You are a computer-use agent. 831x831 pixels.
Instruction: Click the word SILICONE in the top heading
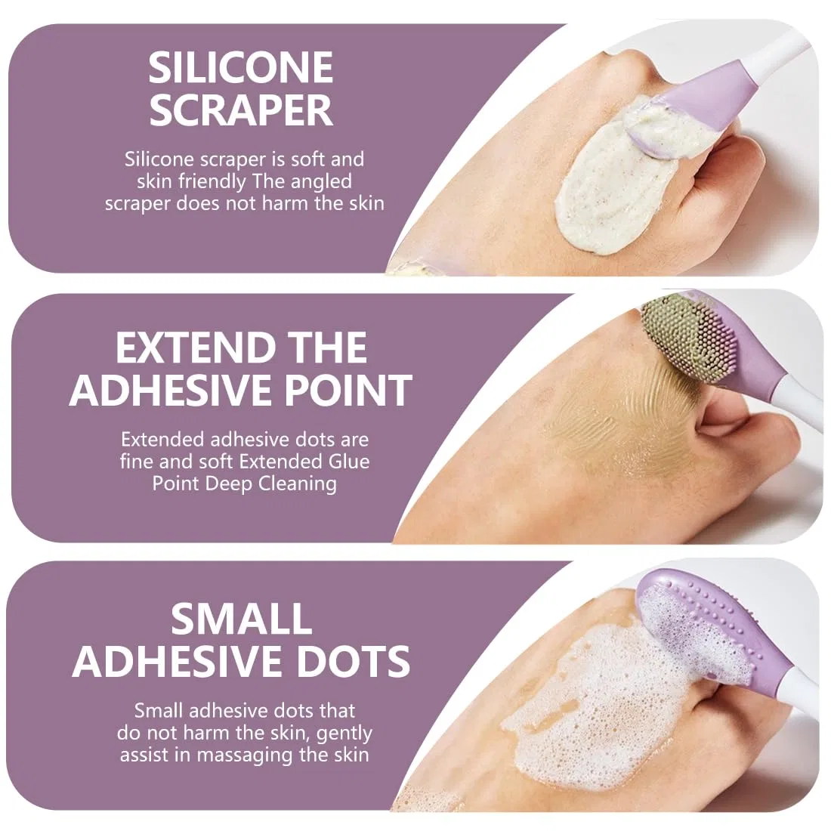click(x=240, y=67)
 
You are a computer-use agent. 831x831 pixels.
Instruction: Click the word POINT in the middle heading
click(x=348, y=390)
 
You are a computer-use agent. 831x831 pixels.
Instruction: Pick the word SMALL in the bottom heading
click(x=241, y=619)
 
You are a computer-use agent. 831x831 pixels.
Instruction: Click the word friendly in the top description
click(x=212, y=182)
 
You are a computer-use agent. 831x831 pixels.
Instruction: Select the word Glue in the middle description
click(x=348, y=461)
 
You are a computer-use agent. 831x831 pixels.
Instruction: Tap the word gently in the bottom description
click(x=344, y=734)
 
